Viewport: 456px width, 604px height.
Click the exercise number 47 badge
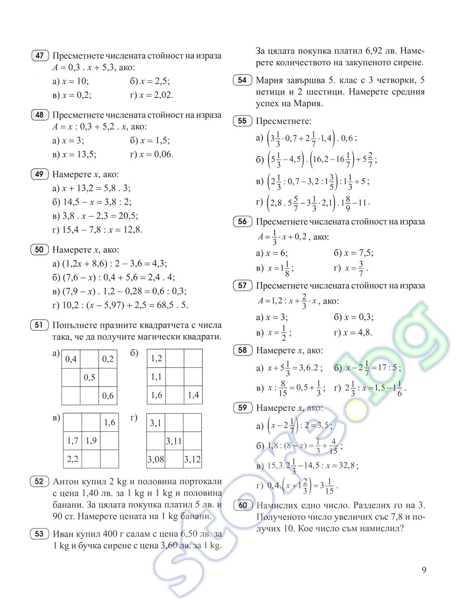point(39,56)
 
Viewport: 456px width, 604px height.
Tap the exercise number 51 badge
point(39,325)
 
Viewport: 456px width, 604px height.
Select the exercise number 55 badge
point(242,121)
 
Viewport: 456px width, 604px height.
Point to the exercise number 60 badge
point(243,505)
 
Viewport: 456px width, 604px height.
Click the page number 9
point(424,570)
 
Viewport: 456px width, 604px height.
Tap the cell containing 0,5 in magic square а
point(89,377)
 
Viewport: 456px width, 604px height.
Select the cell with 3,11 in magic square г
point(174,441)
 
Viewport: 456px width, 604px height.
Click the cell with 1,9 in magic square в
point(91,441)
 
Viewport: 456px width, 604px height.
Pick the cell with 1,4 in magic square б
point(193,395)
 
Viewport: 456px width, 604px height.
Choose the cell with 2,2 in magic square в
point(72,459)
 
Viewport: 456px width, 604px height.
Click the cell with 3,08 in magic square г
point(156,459)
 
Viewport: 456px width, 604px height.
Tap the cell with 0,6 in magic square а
point(108,395)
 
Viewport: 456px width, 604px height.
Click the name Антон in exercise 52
point(66,482)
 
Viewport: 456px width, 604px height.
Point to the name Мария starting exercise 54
point(270,80)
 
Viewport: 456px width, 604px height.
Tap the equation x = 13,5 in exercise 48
point(79,155)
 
